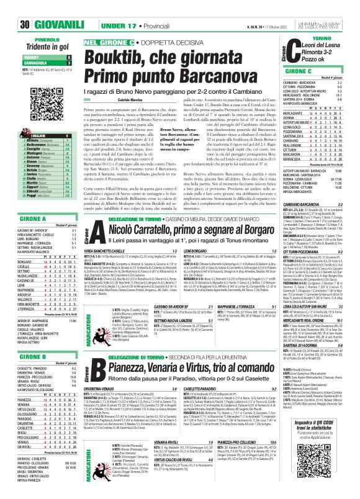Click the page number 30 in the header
tap(8, 7)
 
